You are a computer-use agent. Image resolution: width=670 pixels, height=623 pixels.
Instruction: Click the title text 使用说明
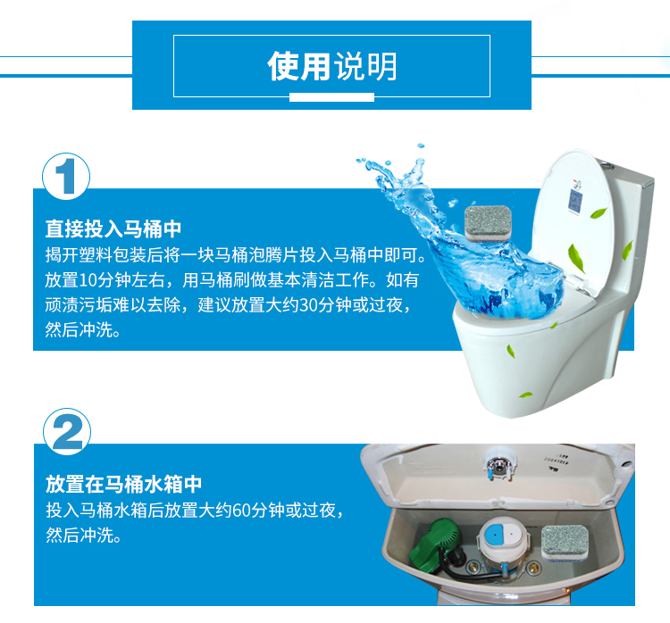coord(332,66)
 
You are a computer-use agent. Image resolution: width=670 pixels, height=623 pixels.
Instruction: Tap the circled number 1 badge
coord(66,177)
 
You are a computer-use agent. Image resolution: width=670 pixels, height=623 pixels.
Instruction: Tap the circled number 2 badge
coord(67,432)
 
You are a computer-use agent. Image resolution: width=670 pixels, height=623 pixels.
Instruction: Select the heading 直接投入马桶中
coord(113,228)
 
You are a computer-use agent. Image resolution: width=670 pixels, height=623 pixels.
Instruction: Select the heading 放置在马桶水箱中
coord(123,485)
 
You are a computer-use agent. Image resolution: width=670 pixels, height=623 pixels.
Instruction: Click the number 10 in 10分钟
coord(88,280)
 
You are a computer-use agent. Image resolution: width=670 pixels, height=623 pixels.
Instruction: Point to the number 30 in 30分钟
coord(308,305)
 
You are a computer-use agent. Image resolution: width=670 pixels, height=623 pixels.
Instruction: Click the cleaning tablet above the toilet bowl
coord(488,223)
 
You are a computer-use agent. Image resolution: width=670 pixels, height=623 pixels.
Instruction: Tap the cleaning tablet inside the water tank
coord(565,543)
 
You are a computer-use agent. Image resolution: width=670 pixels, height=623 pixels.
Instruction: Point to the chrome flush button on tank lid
coord(498,463)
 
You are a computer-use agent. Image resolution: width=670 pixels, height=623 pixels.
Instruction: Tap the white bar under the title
coord(331,97)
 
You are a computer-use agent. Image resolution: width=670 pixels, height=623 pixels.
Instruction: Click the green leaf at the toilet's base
coord(525,395)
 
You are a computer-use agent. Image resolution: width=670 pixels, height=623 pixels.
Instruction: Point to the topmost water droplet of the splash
coord(421,146)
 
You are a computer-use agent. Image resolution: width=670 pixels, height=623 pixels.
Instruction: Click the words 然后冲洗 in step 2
coord(80,536)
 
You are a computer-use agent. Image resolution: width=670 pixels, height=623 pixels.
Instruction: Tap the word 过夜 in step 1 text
coord(386,305)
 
